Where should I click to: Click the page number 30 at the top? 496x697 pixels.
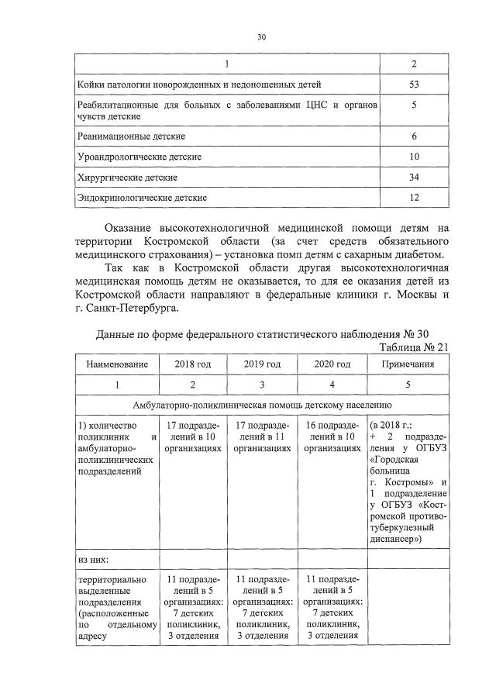(x=261, y=36)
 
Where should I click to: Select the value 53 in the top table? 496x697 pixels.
(x=414, y=84)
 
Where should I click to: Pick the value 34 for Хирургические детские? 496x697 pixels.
(x=414, y=178)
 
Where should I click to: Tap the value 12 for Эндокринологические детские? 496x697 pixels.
(x=414, y=198)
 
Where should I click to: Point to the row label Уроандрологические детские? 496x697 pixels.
(x=139, y=157)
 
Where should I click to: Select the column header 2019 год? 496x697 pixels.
(x=262, y=364)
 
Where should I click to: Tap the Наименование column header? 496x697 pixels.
(x=116, y=364)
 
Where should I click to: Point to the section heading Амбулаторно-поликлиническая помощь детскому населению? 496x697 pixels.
(x=263, y=405)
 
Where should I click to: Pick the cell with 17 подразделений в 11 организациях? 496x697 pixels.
(x=262, y=436)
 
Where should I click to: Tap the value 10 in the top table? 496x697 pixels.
(x=414, y=157)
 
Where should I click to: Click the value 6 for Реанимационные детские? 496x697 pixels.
(x=414, y=136)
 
